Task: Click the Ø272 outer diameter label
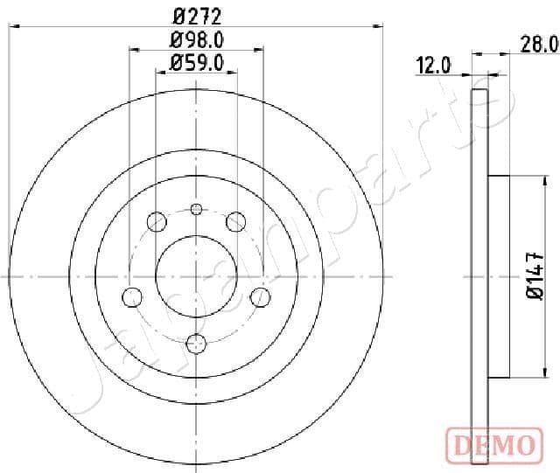[196, 15]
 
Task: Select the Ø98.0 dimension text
[196, 39]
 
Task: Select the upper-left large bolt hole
[157, 222]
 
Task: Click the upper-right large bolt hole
[235, 222]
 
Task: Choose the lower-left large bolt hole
[132, 296]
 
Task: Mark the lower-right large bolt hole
[260, 296]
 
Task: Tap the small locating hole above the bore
[196, 209]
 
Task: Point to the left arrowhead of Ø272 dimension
[13, 27]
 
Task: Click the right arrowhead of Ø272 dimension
[379, 27]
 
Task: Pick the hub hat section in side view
[496, 275]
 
